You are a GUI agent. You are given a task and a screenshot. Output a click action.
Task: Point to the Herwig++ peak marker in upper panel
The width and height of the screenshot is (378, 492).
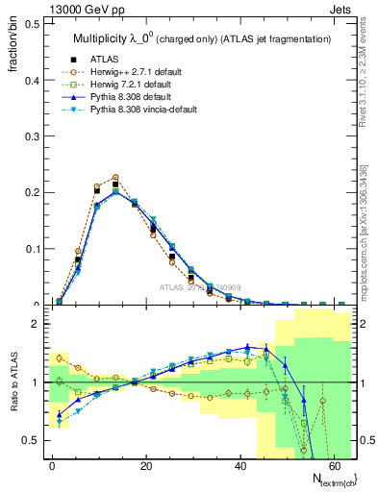tap(115, 177)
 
